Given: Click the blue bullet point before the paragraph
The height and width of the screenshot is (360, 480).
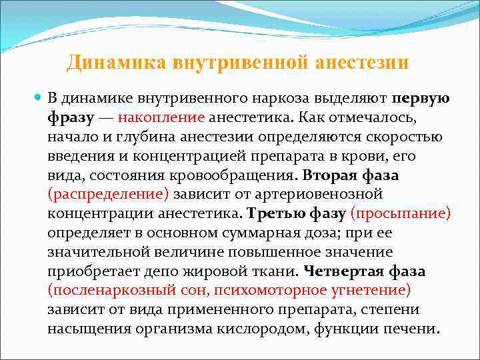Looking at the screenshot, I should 38,98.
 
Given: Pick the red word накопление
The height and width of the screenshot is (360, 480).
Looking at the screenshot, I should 161,118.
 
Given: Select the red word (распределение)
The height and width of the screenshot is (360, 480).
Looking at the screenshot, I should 109,195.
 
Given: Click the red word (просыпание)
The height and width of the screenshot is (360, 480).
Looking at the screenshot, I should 400,214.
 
